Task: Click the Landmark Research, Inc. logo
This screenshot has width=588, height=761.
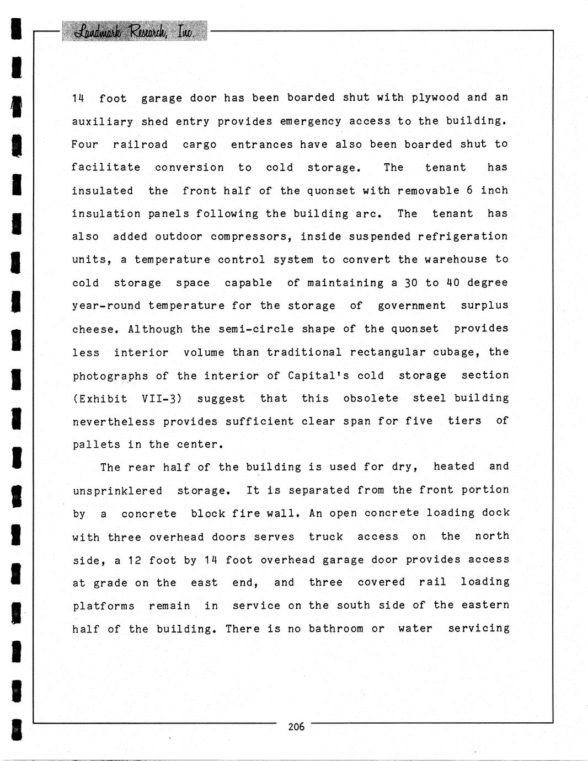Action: click(x=135, y=31)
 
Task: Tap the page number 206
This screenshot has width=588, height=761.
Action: click(x=296, y=727)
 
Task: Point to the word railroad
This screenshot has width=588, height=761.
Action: click(x=140, y=144)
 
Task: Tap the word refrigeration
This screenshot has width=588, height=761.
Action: click(x=463, y=237)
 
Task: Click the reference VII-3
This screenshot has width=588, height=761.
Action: click(x=162, y=399)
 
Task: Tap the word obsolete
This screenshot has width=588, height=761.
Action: click(x=370, y=398)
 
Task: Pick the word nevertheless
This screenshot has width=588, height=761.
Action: click(x=114, y=422)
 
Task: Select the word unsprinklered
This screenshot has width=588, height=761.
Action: click(x=117, y=491)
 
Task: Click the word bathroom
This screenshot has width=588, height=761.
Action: click(x=335, y=629)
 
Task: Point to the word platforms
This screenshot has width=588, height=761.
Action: click(x=104, y=606)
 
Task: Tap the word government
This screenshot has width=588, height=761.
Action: click(x=411, y=306)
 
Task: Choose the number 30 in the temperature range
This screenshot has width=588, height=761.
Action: click(x=411, y=283)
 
